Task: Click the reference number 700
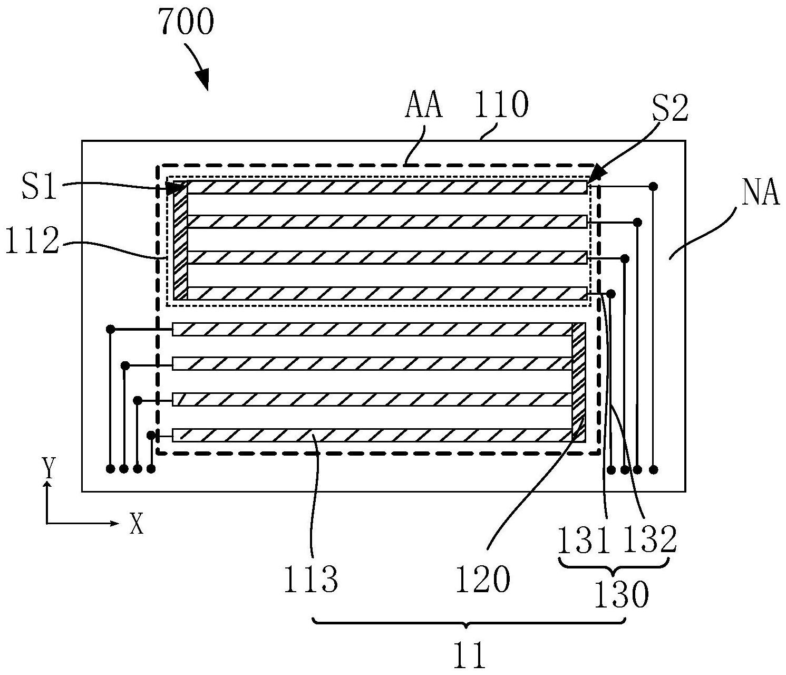tap(187, 23)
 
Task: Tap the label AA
tap(423, 105)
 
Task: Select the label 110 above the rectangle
tap(501, 105)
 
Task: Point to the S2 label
tap(669, 109)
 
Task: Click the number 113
tap(310, 581)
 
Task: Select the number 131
tap(584, 540)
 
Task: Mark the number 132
tap(649, 540)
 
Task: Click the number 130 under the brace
tap(622, 596)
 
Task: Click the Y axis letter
tap(49, 467)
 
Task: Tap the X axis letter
tap(137, 524)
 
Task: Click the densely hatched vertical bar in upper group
tap(180, 240)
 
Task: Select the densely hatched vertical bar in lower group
tap(579, 382)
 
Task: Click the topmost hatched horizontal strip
tap(387, 187)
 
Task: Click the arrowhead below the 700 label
tap(204, 82)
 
